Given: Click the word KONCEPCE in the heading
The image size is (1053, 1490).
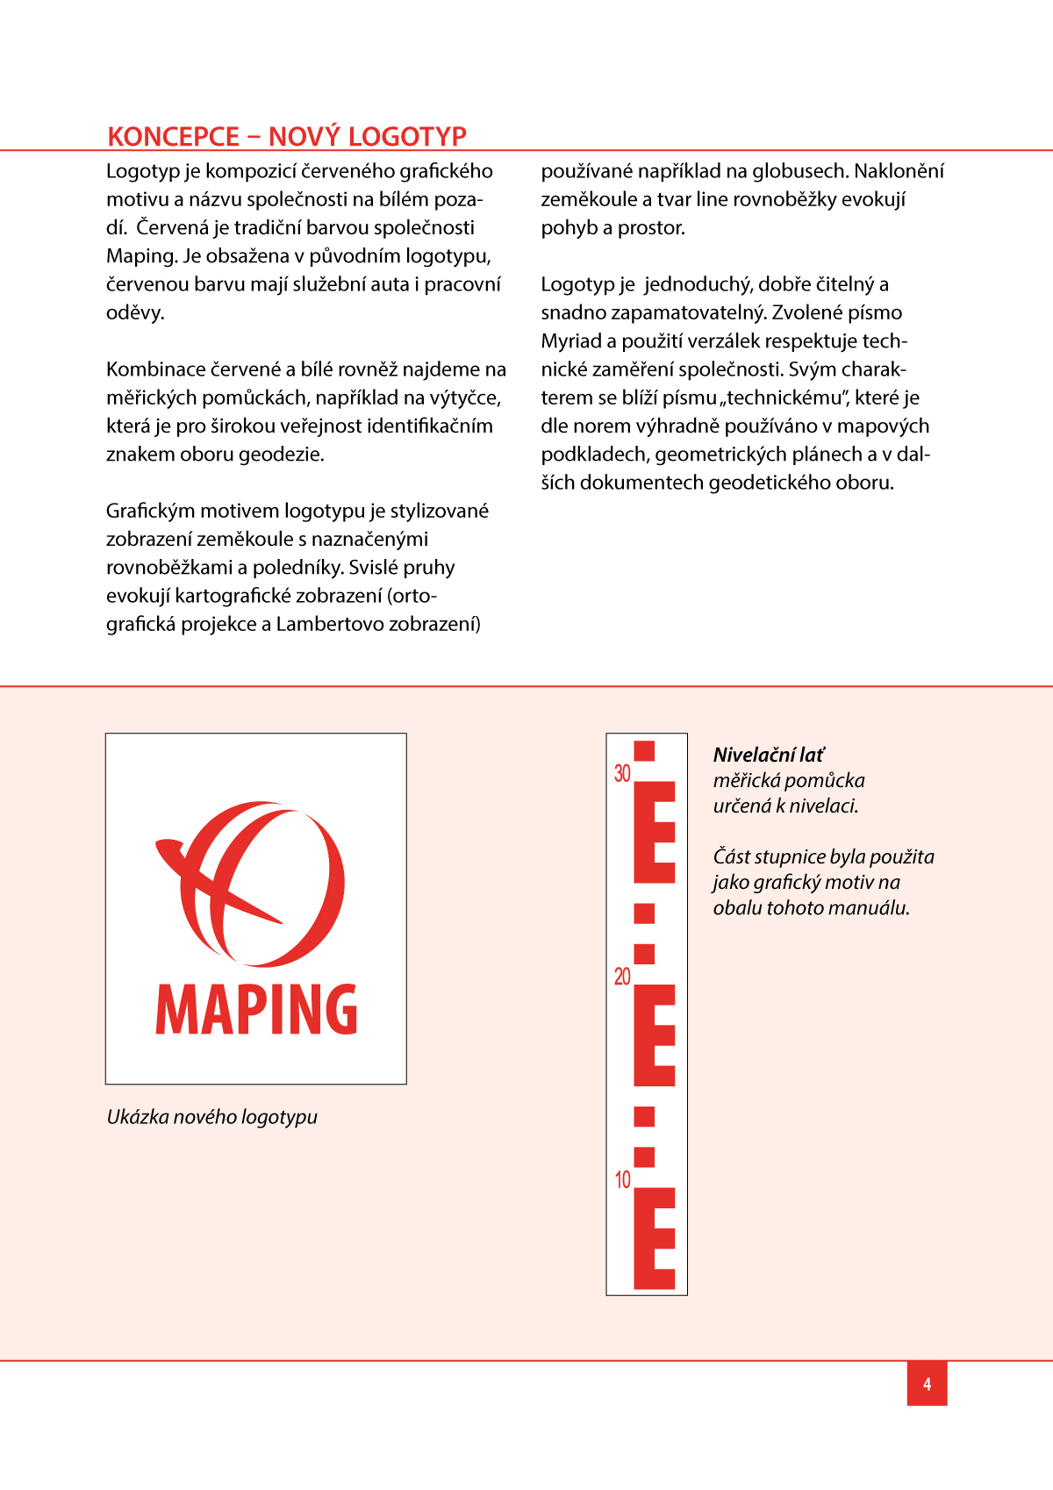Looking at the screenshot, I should coord(173,137).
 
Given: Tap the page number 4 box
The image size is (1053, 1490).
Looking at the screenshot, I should coord(927,1384).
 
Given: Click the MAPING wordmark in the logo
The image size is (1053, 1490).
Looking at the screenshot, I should coord(256,1009).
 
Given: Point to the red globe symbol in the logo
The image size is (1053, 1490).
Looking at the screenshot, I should coord(254,882).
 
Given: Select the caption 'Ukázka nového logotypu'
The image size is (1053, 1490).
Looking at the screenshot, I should coord(211,1117).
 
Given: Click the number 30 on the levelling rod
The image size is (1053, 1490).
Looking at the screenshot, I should coord(622,773).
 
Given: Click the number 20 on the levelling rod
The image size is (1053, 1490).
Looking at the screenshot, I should coord(622,977).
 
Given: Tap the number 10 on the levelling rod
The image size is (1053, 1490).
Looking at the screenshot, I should coord(622,1179).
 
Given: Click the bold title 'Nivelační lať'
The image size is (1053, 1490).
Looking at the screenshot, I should coord(769,755).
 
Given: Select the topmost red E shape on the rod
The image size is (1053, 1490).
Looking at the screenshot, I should coord(654,832).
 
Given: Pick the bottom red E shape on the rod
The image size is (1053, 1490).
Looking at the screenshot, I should coord(654,1238).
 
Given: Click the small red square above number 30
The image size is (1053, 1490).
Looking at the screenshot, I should coord(644,751).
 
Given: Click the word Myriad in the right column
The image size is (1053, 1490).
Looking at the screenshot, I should coord(571,341).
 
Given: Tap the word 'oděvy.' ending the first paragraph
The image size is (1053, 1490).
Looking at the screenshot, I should coord(135,312).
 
